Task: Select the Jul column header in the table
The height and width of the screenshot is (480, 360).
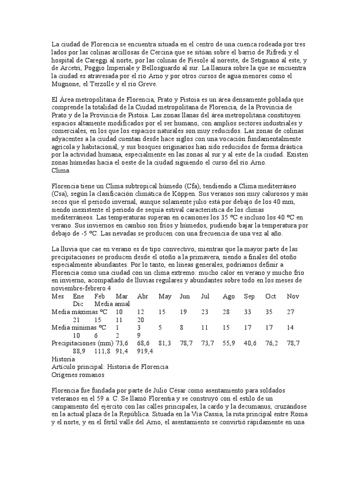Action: (x=205, y=296)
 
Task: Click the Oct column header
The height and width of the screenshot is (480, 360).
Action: (x=270, y=296)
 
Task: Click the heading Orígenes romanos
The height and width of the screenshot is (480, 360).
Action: (x=78, y=375)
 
